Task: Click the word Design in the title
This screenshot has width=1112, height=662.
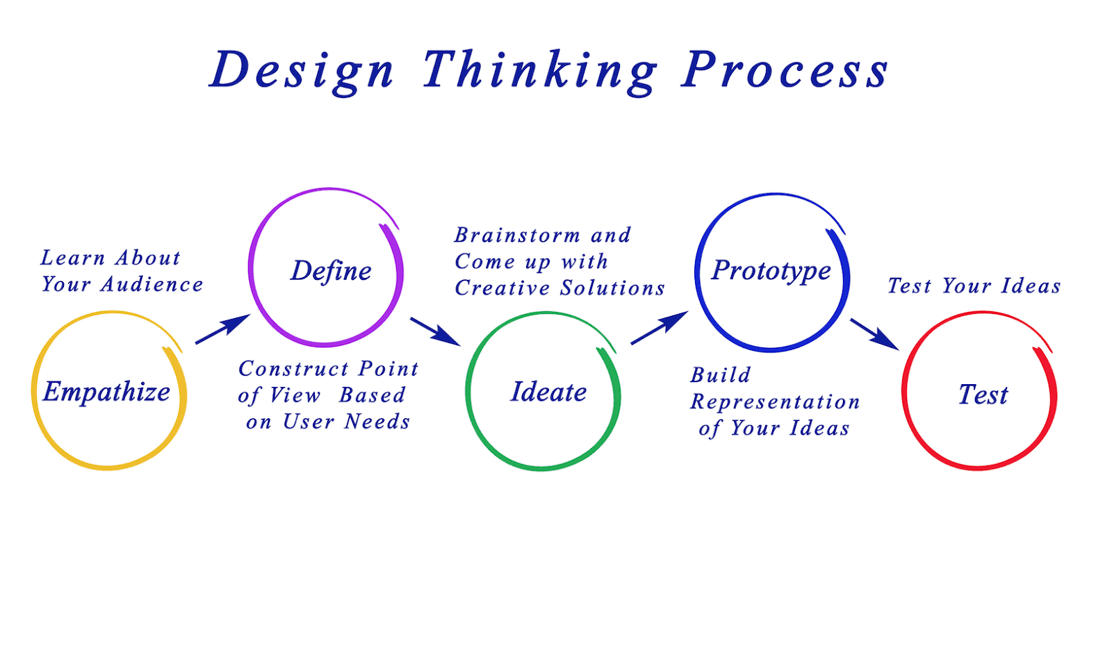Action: (302, 71)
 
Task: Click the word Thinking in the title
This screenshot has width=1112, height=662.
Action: (539, 71)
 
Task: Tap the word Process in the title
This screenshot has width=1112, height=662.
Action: (785, 71)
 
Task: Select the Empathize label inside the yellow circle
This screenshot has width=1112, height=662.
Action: (106, 392)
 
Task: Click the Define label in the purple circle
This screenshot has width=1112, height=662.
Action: (331, 271)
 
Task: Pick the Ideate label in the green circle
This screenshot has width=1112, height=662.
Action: (548, 392)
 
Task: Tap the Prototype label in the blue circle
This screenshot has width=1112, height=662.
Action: (771, 270)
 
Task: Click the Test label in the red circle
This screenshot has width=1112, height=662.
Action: (983, 395)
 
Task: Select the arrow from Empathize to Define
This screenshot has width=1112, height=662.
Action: (222, 329)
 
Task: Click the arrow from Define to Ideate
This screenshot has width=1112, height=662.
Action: (435, 331)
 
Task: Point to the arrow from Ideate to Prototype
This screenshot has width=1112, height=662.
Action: (659, 328)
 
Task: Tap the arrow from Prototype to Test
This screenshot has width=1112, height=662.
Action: (874, 334)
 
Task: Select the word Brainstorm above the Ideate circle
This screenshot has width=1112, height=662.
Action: (517, 235)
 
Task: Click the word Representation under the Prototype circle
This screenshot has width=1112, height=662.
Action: (775, 402)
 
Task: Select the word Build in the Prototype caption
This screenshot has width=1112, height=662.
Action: (720, 375)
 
